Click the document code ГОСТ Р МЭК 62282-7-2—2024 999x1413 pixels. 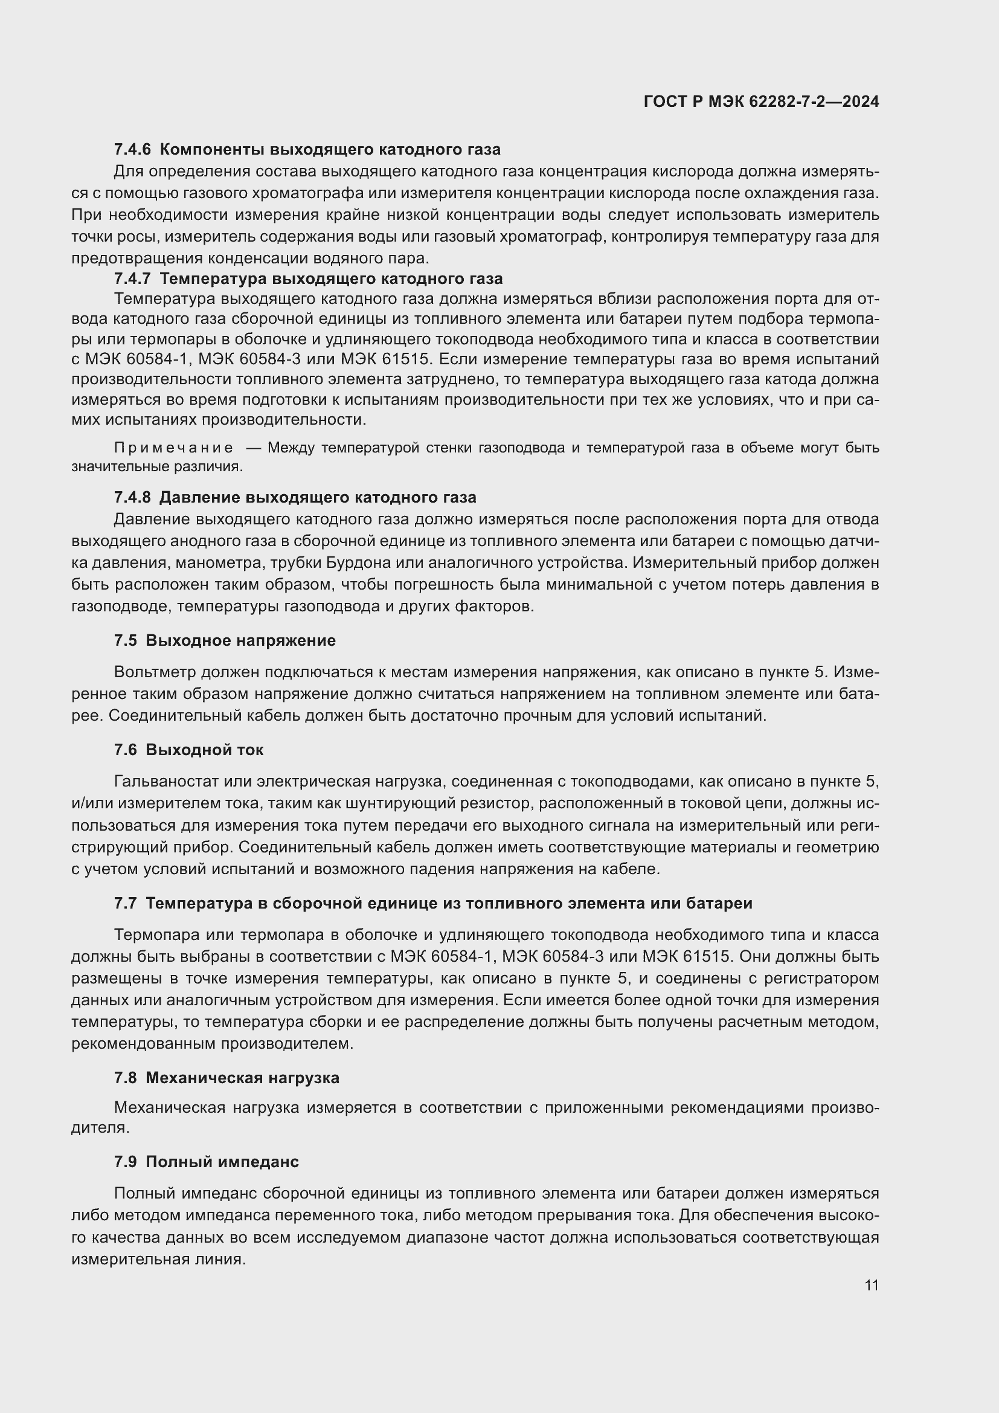pyautogui.click(x=761, y=101)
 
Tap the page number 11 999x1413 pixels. pyautogui.click(x=871, y=1285)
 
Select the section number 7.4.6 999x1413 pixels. pyautogui.click(x=132, y=150)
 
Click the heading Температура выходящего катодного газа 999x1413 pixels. pyautogui.click(x=331, y=278)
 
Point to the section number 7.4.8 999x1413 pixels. pyautogui.click(x=132, y=497)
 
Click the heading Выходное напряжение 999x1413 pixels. pyautogui.click(x=240, y=640)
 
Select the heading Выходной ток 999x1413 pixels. pyautogui.click(x=204, y=750)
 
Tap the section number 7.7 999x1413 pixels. pyautogui.click(x=125, y=903)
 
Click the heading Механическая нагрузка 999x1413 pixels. pyautogui.click(x=242, y=1078)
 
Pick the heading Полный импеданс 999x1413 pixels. pyautogui.click(x=222, y=1161)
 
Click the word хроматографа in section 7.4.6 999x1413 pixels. pyautogui.click(x=308, y=193)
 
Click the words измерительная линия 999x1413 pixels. pyautogui.click(x=158, y=1258)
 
